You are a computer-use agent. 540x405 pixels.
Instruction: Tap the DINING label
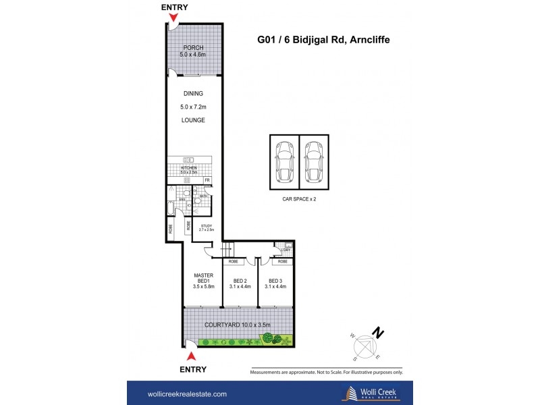pyautogui.click(x=192, y=94)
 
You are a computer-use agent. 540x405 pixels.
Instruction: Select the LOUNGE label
pyautogui.click(x=192, y=120)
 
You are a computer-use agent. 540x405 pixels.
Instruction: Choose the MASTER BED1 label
pyautogui.click(x=204, y=279)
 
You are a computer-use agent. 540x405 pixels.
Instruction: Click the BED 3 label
pyautogui.click(x=276, y=281)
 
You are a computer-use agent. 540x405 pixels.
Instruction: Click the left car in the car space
pyautogui.click(x=284, y=161)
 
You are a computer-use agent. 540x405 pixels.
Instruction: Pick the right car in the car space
pyautogui.click(x=314, y=161)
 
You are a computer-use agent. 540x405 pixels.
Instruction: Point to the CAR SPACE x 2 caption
pyautogui.click(x=299, y=200)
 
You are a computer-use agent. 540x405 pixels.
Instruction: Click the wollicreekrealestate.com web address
pyautogui.click(x=187, y=394)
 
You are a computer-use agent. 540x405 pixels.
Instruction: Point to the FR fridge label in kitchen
pyautogui.click(x=207, y=180)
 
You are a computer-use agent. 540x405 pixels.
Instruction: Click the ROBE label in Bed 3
pyautogui.click(x=281, y=261)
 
